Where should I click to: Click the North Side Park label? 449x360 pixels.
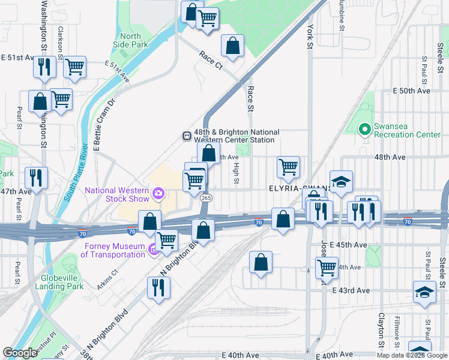point(130,40)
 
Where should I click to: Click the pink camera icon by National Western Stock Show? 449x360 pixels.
point(158,193)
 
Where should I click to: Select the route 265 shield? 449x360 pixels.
point(206,198)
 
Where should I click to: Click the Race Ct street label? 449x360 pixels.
point(211,59)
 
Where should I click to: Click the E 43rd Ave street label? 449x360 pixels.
point(351,290)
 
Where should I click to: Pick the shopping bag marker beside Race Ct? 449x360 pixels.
point(232,46)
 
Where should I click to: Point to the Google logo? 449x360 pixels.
point(20,353)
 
